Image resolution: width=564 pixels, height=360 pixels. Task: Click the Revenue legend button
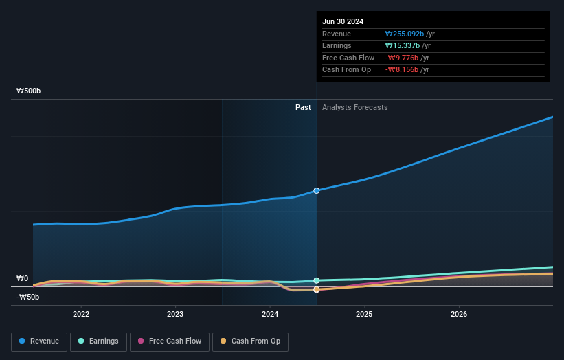point(38,341)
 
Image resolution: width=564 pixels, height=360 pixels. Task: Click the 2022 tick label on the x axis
point(81,314)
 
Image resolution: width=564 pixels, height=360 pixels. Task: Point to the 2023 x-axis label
point(175,314)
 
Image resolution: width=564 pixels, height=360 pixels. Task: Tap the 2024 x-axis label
point(270,314)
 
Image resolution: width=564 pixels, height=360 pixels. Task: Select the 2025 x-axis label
point(364,314)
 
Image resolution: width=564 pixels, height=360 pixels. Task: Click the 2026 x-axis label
point(459,314)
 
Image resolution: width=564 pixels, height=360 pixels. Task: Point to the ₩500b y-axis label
point(29,91)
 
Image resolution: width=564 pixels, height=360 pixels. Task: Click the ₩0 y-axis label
point(22,279)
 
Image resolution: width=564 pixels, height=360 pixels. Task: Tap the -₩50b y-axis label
point(27,297)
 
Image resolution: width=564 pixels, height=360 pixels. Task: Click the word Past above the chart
point(303,107)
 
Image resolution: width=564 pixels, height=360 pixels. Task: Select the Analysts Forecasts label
point(354,107)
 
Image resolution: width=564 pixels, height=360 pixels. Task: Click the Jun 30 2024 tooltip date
point(343,21)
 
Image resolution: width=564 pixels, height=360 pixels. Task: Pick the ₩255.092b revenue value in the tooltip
point(405,34)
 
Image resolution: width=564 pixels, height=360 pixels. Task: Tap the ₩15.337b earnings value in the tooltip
point(403,46)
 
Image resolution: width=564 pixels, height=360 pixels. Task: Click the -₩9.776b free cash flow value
point(403,58)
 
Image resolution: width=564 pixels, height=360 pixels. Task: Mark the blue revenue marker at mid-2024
point(317,190)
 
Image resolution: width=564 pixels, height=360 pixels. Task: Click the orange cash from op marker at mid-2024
point(317,290)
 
